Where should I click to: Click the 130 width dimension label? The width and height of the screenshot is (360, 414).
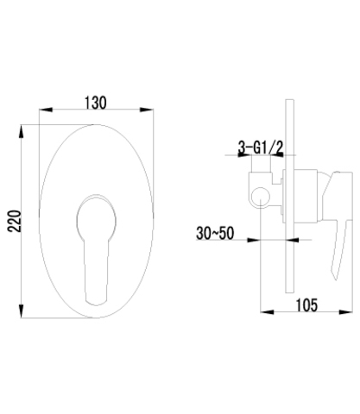[96, 103]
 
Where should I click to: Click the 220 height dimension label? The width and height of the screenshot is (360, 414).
[15, 221]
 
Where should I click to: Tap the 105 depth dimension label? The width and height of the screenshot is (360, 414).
[306, 305]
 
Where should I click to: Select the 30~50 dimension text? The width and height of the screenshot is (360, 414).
[215, 233]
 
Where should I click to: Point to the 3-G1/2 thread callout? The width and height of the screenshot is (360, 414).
[261, 147]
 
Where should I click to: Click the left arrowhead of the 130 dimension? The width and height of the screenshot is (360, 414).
[46, 110]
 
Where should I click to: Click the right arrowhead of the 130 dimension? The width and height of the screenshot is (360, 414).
[146, 110]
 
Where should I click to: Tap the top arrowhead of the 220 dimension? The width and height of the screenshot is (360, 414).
[21, 132]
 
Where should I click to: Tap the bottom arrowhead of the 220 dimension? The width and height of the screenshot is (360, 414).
[21, 310]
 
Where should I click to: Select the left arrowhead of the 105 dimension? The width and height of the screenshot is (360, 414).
[267, 312]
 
